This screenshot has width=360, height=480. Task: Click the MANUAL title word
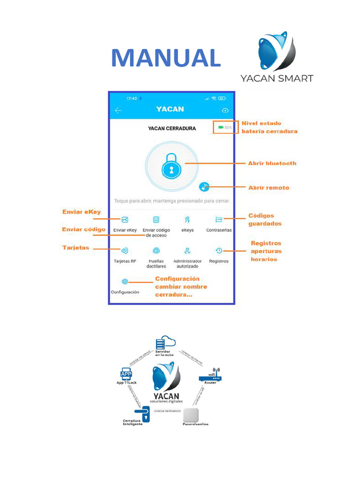[166, 58]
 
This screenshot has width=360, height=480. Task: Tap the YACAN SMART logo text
[277, 78]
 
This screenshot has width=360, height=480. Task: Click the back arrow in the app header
[118, 111]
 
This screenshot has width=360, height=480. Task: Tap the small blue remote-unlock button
[204, 187]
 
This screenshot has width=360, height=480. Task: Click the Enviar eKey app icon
[125, 219]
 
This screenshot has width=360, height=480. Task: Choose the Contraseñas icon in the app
[219, 219]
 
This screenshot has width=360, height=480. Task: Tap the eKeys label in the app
[187, 230]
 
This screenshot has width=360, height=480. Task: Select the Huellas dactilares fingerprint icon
[156, 251]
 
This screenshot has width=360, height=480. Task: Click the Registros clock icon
[219, 251]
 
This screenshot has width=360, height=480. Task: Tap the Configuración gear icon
[125, 282]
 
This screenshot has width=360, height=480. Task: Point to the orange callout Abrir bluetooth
[272, 163]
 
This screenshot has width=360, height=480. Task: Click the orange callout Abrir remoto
[269, 187]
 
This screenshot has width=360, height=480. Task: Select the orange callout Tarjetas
[75, 247]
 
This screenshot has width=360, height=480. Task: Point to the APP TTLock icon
[126, 374]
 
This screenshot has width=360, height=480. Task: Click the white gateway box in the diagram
[191, 415]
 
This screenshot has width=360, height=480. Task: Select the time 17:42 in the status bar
[132, 98]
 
